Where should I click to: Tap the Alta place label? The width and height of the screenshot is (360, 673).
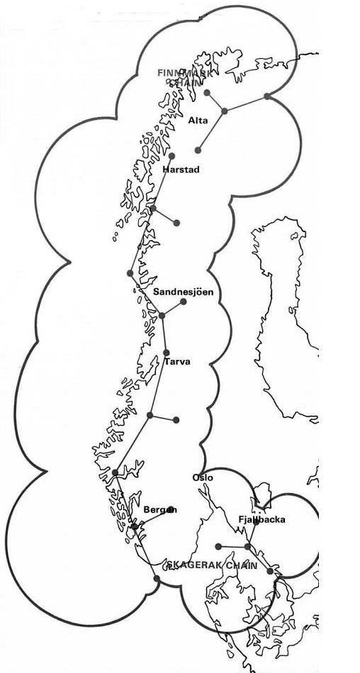198,120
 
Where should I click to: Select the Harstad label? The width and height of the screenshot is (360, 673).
181,170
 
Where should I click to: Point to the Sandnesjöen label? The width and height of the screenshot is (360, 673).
183,291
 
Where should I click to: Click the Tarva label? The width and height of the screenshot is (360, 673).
177,362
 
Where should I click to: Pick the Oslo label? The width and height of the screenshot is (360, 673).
203,477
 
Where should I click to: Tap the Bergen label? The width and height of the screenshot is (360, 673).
160,509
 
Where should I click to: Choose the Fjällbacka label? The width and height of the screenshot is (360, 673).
261,519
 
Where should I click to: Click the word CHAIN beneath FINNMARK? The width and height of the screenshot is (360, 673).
185,82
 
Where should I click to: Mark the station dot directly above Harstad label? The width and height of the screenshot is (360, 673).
171,155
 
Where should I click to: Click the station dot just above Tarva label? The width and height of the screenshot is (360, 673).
167,352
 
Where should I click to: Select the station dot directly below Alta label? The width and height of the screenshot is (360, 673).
198,150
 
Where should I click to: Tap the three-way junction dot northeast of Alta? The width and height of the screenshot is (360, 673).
225,111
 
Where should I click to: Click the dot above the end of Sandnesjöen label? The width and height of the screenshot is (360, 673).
184,302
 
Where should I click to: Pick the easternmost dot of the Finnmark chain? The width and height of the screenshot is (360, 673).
266,96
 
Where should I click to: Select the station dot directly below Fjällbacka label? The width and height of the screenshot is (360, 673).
247,546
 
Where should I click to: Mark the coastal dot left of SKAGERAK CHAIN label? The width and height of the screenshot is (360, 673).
156,579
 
